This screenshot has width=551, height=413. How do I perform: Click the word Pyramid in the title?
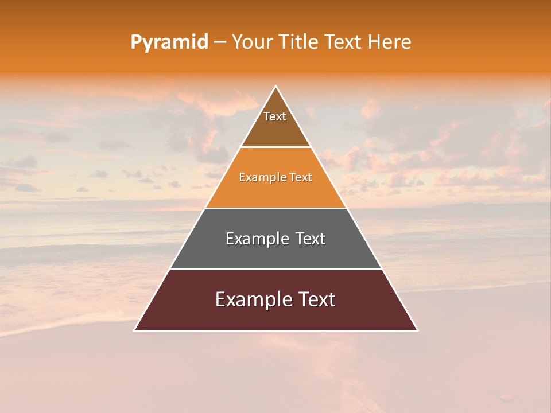point(169,42)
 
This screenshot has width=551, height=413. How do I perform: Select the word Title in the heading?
point(298,42)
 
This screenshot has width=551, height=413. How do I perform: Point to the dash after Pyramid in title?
point(220,42)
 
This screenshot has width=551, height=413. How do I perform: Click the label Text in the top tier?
point(275,116)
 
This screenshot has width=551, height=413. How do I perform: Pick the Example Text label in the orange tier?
point(275,177)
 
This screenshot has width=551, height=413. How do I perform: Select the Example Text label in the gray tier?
point(275,239)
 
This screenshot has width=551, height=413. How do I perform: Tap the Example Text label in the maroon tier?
point(275,299)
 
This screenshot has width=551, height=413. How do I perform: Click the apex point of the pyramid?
point(276,87)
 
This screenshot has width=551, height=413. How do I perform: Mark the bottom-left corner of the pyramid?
point(135,330)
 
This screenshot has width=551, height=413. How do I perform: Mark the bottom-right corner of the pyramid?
point(417,330)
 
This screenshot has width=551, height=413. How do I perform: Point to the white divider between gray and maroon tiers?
point(275,269)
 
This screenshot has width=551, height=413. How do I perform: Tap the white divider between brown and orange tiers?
point(275,147)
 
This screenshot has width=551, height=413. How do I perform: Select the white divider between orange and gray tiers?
point(275,208)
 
